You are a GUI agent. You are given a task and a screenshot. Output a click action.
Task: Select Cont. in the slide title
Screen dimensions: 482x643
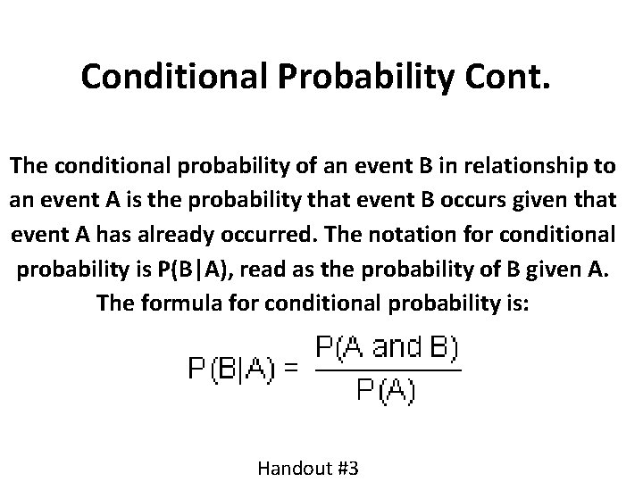click(x=513, y=77)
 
